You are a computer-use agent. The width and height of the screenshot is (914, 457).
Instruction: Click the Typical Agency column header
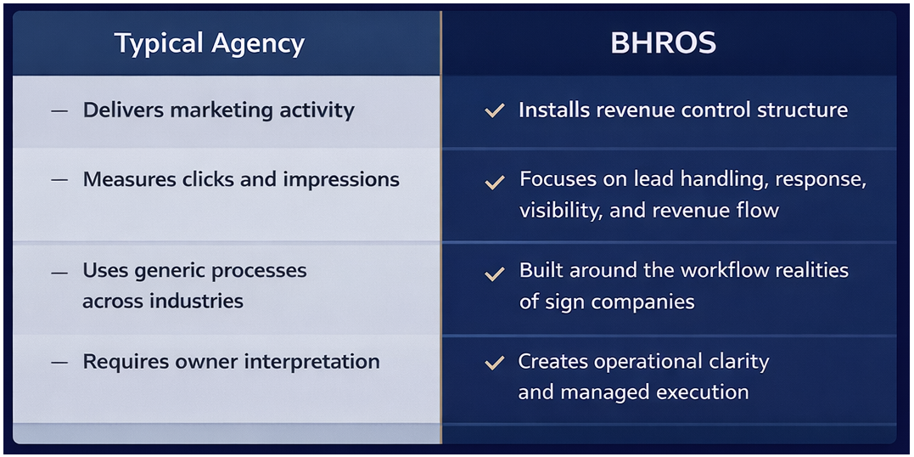tap(210, 43)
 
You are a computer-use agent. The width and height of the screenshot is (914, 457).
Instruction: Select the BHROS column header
tap(663, 43)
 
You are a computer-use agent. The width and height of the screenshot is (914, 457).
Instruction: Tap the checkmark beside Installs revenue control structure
tap(494, 110)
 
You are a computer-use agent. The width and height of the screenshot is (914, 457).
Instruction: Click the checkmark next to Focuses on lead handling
tap(494, 182)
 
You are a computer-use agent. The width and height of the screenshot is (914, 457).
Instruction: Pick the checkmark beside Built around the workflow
tap(494, 274)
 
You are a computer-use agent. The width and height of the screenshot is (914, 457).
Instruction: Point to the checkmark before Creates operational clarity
tap(494, 364)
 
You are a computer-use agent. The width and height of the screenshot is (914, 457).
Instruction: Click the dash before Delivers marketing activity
tap(59, 111)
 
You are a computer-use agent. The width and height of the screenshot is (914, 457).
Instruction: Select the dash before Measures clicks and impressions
tap(59, 181)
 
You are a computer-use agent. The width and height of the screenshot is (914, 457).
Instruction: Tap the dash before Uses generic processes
tap(59, 273)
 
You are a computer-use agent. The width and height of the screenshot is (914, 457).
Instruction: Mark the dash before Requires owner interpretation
tap(59, 363)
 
